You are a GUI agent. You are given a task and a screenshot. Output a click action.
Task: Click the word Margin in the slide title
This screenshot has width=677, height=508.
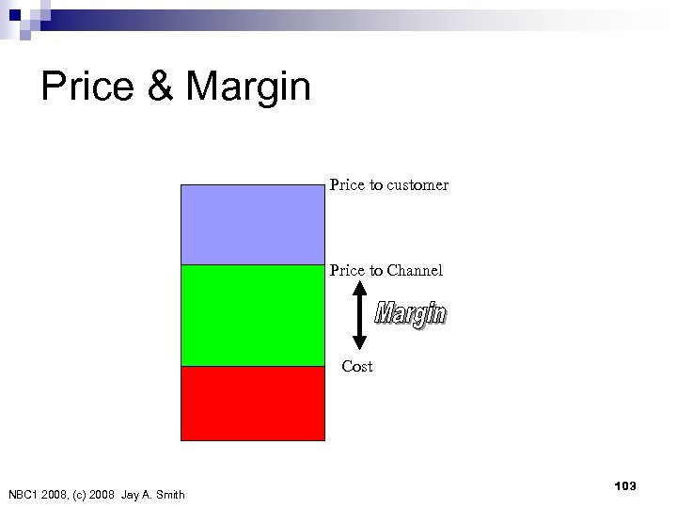(x=248, y=87)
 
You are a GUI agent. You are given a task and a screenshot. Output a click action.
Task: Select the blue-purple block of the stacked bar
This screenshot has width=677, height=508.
(x=252, y=224)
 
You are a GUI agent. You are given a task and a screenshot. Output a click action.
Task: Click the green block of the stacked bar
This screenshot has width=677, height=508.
(x=252, y=315)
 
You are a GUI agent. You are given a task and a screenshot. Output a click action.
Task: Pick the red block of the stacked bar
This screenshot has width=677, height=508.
(x=252, y=403)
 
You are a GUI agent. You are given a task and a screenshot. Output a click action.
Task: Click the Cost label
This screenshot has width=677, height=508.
(x=357, y=367)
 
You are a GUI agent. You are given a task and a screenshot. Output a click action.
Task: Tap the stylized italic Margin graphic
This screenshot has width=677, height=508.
(x=411, y=315)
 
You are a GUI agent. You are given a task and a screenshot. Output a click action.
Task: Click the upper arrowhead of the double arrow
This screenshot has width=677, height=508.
(x=359, y=291)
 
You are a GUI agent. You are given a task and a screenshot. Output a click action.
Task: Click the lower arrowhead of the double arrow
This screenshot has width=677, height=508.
(x=359, y=342)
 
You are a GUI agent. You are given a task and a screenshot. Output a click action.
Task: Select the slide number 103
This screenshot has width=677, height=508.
(x=624, y=485)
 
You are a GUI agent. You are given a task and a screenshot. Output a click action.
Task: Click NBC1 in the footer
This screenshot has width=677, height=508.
(x=24, y=495)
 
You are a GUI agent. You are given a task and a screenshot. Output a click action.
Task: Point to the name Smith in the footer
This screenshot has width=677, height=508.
(x=168, y=495)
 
